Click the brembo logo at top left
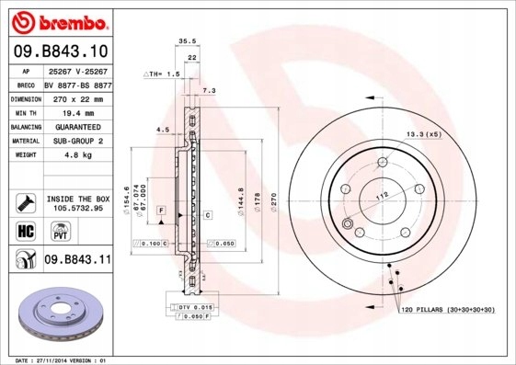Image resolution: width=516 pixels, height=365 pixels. point(59,21)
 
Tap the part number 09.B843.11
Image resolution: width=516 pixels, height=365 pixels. point(77,260)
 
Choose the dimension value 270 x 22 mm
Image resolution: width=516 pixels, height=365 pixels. point(77,97)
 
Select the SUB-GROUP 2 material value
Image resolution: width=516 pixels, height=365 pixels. point(77,141)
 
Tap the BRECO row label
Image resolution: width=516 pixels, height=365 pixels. point(26,83)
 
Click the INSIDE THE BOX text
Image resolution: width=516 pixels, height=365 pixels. point(77,199)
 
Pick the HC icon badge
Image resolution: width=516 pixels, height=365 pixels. point(26,230)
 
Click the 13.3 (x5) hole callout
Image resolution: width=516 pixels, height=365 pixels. point(424,134)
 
